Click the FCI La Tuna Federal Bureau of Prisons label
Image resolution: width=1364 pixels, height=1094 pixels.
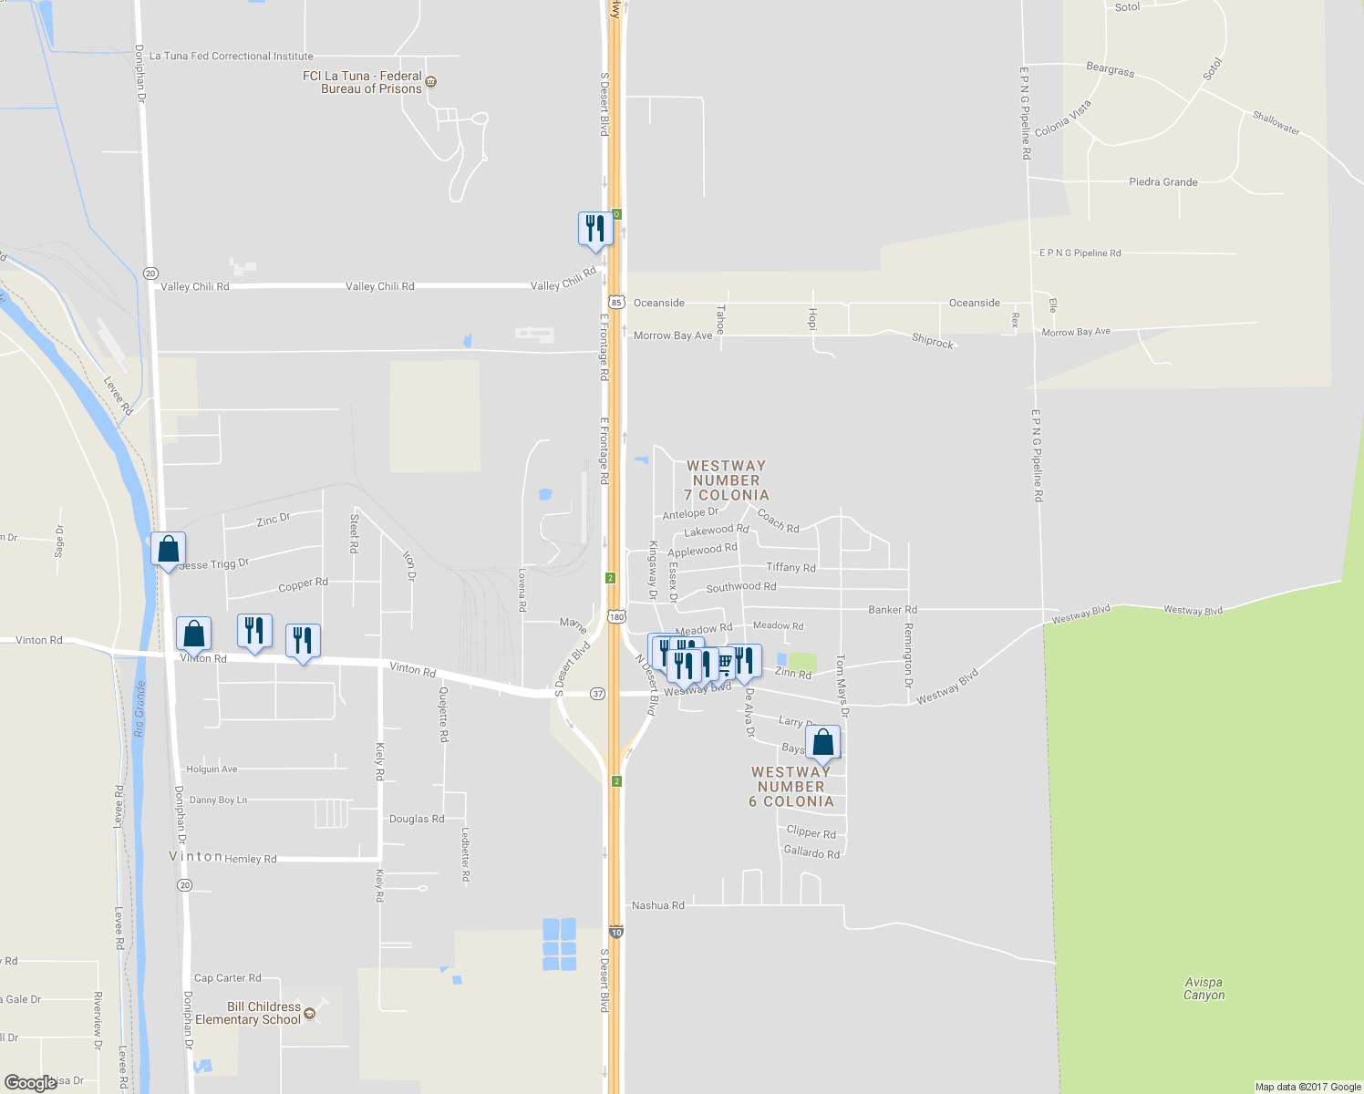coord(363,82)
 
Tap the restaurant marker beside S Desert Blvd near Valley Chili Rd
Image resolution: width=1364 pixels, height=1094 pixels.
coord(594,228)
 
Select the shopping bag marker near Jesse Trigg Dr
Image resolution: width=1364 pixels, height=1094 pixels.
coord(168,549)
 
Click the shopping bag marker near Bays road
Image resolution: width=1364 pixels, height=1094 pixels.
coord(822,743)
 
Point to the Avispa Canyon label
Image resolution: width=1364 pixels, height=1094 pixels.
coord(1204,989)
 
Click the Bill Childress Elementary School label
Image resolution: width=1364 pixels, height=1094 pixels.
coord(248,1013)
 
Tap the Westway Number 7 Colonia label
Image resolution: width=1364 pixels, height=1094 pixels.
coord(726,480)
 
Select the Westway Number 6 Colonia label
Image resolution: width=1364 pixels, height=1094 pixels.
coord(790,787)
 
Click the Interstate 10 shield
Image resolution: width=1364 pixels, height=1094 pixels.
coord(616,933)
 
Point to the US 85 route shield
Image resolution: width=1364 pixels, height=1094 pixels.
coord(616,302)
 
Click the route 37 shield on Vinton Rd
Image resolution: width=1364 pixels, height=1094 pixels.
coord(597,694)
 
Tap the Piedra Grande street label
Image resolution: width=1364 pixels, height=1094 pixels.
coord(1163,182)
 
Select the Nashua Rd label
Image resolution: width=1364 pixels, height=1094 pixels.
coord(658,905)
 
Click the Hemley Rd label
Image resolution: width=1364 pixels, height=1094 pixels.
coord(250,859)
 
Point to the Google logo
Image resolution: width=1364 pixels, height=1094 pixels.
coord(31,1083)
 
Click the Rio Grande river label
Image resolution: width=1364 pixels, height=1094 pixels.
coord(139,708)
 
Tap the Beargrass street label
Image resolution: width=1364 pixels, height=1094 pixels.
coord(1111,69)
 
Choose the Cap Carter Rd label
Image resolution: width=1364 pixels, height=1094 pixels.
coord(227,978)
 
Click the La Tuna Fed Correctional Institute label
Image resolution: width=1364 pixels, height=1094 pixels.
coord(231,57)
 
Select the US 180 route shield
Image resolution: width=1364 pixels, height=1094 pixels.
coord(617,617)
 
